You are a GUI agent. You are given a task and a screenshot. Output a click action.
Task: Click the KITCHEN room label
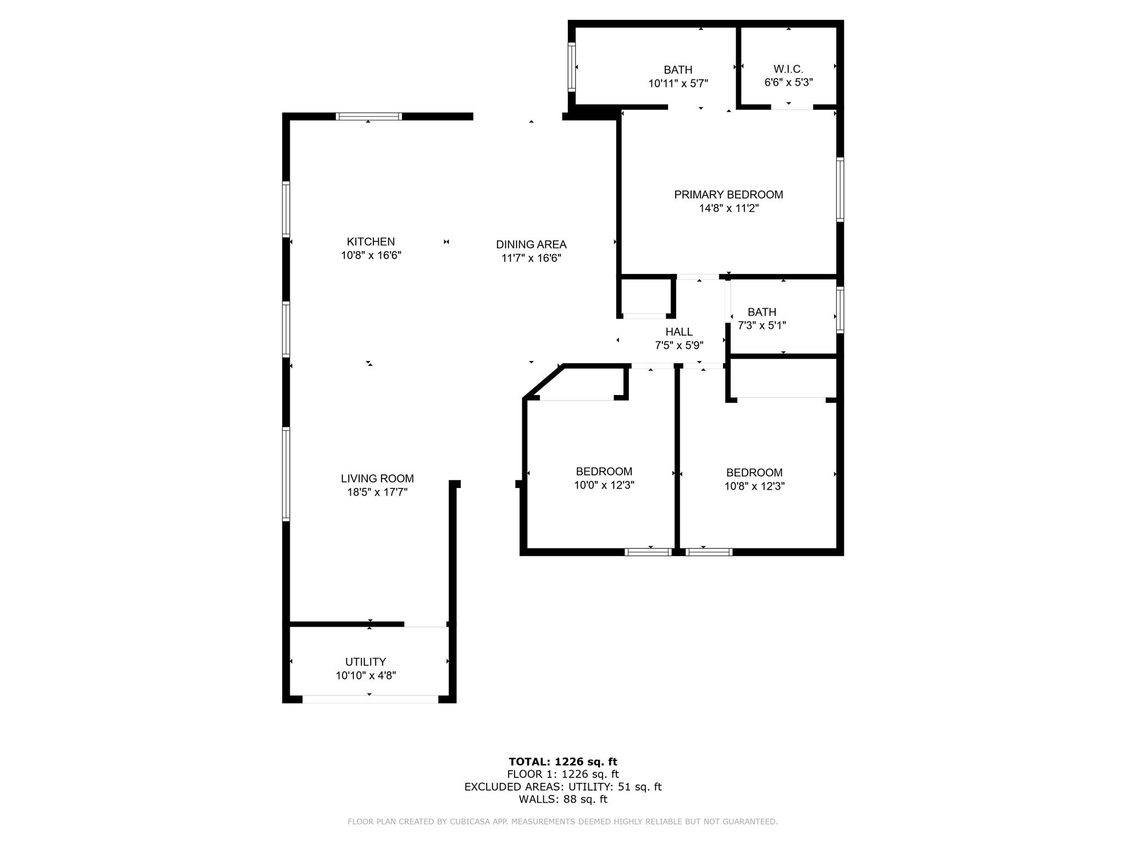371,242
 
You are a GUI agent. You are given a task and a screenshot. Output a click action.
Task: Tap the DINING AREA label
531,244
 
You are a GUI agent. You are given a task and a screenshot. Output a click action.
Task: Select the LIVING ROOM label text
377,479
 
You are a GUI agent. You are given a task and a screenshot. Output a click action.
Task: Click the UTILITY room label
366,662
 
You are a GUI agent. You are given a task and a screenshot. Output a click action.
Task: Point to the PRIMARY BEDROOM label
728,195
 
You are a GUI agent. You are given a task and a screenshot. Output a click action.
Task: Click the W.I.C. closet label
788,69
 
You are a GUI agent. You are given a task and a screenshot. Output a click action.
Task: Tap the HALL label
679,332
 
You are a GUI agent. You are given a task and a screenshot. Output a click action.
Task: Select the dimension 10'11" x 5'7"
678,84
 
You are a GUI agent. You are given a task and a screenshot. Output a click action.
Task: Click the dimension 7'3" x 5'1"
761,326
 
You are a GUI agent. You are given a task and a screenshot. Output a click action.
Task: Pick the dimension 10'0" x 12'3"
604,485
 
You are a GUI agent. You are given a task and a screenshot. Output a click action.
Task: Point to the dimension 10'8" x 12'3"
754,486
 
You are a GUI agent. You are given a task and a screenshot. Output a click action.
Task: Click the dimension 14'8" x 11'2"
728,208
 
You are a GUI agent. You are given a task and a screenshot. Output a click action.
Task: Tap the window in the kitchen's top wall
368,116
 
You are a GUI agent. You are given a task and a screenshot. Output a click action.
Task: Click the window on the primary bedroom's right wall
840,190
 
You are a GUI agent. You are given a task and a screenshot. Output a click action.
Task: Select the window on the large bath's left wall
572,67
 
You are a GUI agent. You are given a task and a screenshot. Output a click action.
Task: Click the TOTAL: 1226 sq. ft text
563,762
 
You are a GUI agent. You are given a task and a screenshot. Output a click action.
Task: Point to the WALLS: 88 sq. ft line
563,799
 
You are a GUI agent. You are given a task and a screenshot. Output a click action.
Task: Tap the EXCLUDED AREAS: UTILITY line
563,787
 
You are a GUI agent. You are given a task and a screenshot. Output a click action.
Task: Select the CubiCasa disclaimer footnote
563,822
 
